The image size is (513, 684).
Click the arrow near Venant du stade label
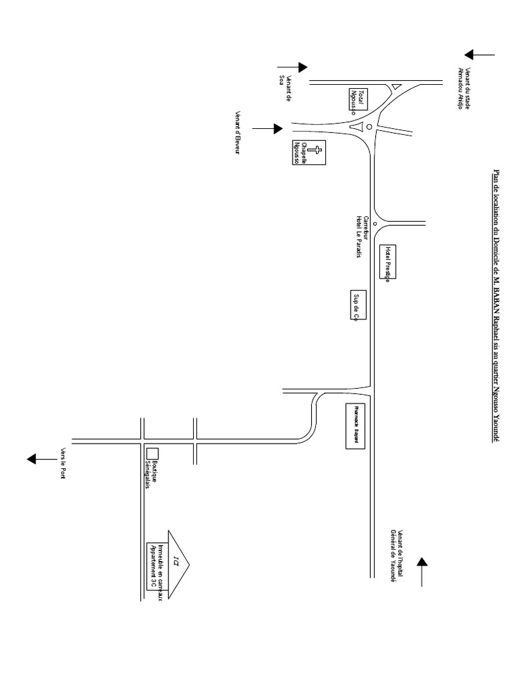pyautogui.click(x=480, y=55)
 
